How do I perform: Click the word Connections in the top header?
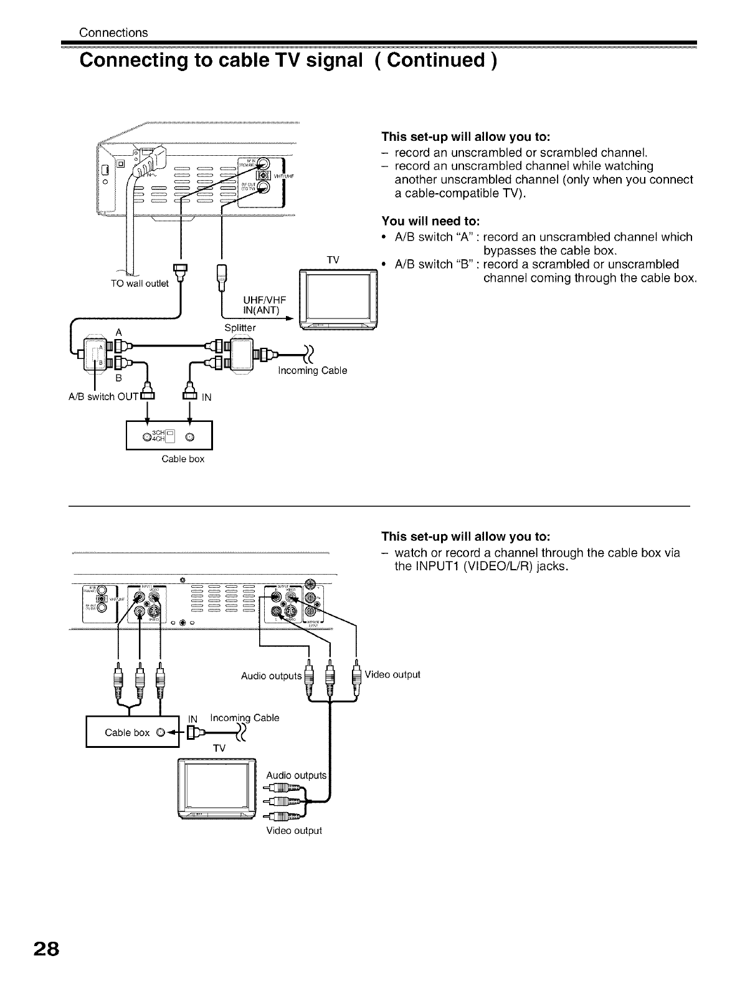pos(113,32)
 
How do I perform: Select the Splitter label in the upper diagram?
pos(240,327)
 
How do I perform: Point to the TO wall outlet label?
pos(140,284)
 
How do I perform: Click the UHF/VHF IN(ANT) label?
pos(260,305)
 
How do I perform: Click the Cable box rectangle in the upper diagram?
pos(169,435)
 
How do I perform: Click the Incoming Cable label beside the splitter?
pos(312,371)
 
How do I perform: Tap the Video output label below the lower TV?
pos(294,830)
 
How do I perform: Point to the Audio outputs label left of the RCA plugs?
pos(271,676)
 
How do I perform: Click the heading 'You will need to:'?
pos(430,221)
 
